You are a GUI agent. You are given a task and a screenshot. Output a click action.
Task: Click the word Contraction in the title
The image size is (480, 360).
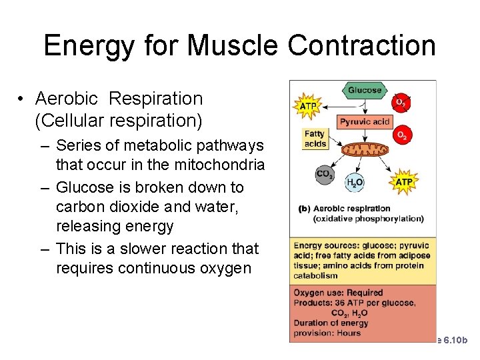(x=362, y=45)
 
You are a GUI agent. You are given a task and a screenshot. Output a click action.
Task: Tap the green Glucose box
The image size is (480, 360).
(x=365, y=90)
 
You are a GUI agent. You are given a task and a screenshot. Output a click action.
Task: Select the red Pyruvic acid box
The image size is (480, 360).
(x=365, y=121)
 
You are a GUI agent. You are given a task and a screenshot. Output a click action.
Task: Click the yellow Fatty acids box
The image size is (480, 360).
(x=315, y=139)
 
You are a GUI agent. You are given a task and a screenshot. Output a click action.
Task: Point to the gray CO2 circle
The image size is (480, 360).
(x=325, y=175)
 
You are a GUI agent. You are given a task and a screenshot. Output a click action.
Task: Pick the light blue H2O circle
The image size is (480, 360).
(x=355, y=182)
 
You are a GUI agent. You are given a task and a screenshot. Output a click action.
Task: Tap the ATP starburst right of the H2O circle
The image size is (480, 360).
(x=404, y=181)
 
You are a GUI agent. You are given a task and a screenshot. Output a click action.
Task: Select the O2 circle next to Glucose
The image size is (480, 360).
(x=400, y=103)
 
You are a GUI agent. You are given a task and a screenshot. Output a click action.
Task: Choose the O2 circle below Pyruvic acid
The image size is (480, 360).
(x=401, y=135)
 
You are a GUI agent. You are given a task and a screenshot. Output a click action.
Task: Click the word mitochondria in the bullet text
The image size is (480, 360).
(x=227, y=164)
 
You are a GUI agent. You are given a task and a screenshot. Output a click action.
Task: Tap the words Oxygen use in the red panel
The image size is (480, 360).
(x=316, y=292)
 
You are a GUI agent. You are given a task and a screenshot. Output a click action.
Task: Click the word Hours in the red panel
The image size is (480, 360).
(x=348, y=333)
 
